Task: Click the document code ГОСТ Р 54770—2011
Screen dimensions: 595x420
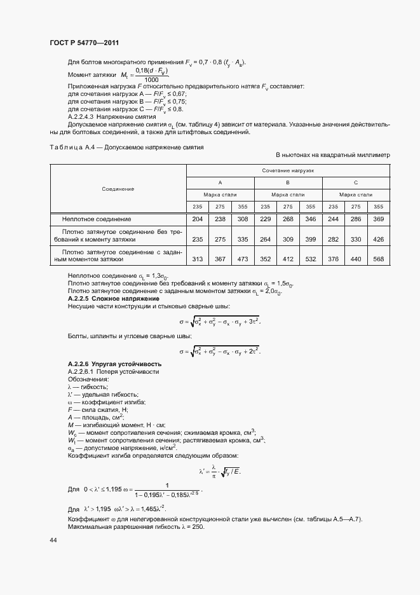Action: tap(85, 43)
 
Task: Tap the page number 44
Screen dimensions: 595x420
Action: tap(53, 540)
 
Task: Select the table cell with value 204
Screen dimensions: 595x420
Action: tap(198, 219)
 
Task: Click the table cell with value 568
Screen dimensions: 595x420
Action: tap(379, 259)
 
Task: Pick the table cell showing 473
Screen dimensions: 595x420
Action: tap(243, 259)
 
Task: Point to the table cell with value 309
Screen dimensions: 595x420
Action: tap(288, 239)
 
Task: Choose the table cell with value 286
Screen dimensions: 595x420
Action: tap(356, 219)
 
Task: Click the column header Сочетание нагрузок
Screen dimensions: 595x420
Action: tap(288, 172)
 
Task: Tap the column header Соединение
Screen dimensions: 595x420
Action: tap(118, 189)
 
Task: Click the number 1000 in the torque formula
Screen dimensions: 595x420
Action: tap(151, 80)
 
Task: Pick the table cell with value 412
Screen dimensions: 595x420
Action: tap(288, 259)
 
